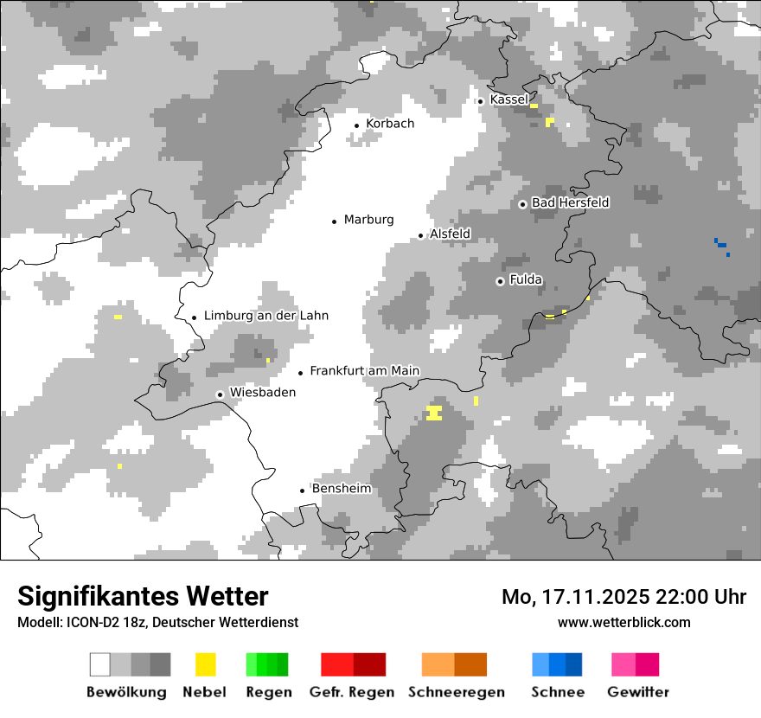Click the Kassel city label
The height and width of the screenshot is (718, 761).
point(508,99)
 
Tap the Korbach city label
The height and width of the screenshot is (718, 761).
point(390,124)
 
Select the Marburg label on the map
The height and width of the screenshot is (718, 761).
point(368,220)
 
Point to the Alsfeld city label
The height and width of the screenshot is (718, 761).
point(450,234)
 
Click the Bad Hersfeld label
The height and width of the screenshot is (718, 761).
point(570,202)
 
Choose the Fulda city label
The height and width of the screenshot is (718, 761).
point(526,279)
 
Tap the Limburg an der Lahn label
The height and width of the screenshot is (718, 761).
point(266,316)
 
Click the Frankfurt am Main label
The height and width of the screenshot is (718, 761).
point(364,371)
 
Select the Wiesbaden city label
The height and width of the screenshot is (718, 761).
point(262,393)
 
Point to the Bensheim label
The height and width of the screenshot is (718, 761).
point(342,489)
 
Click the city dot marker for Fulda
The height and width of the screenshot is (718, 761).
point(500,281)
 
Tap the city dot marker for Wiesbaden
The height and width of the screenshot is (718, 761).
point(220,394)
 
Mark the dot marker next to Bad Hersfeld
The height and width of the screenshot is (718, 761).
point(522,204)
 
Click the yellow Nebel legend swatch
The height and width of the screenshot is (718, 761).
point(205,664)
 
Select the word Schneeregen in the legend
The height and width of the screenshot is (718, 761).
point(456,692)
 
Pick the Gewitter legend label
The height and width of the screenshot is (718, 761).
point(637,692)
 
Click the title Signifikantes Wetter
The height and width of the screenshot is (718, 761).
point(143,596)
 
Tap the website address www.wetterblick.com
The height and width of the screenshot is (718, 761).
point(624,622)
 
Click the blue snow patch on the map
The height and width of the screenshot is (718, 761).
point(721,244)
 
